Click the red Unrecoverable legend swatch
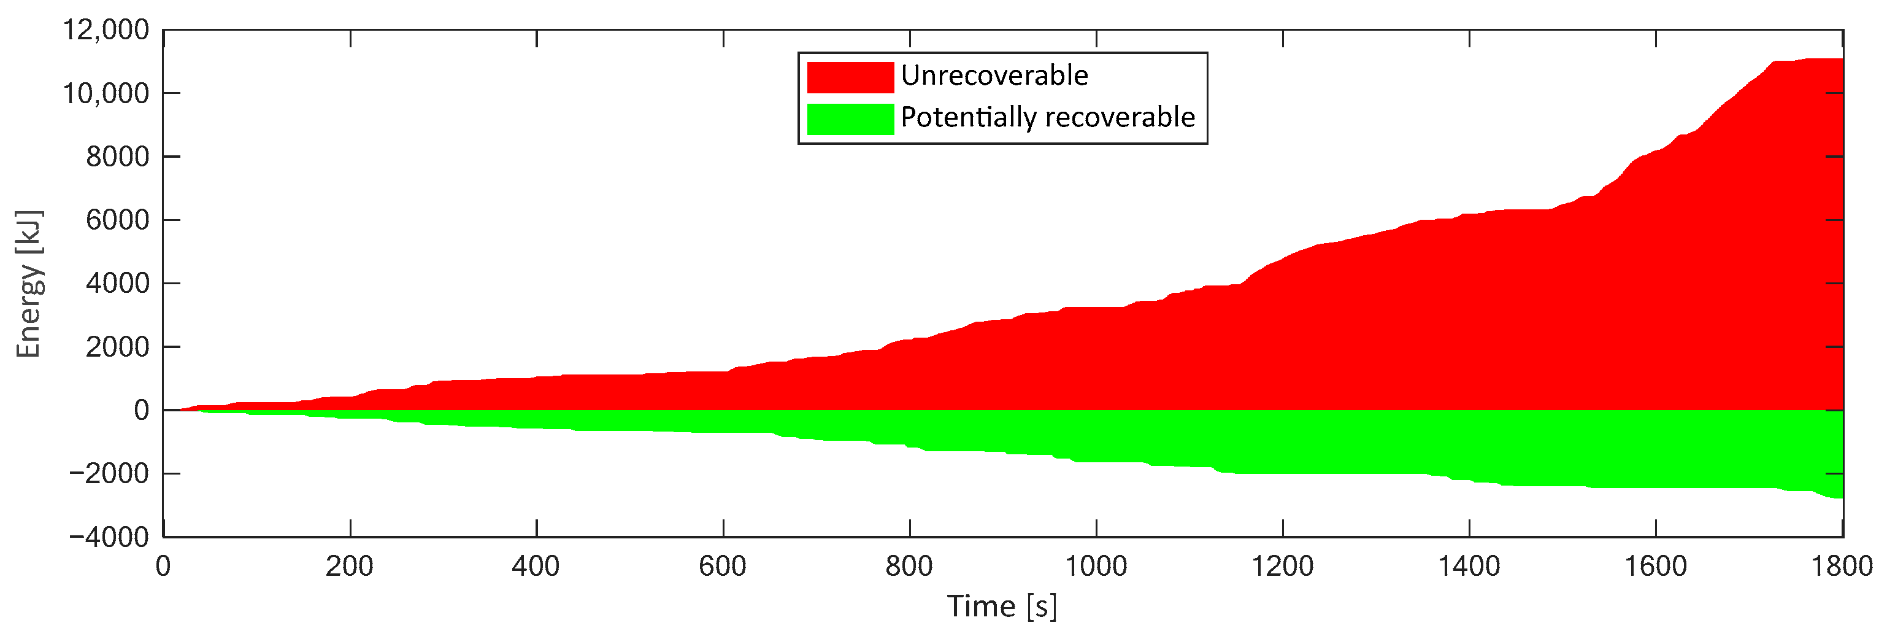pyautogui.click(x=850, y=77)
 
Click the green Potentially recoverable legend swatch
pyautogui.click(x=850, y=118)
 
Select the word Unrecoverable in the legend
pyautogui.click(x=994, y=76)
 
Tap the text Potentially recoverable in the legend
pyautogui.click(x=1048, y=117)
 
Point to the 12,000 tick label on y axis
pyautogui.click(x=106, y=30)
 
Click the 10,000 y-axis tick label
pyautogui.click(x=106, y=94)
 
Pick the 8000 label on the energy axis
pyautogui.click(x=117, y=157)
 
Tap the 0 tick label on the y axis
pyautogui.click(x=141, y=410)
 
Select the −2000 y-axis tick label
pyautogui.click(x=109, y=474)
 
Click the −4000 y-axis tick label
pyautogui.click(x=109, y=537)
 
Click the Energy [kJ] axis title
pyautogui.click(x=29, y=284)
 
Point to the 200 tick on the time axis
pyautogui.click(x=350, y=567)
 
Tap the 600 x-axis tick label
pyautogui.click(x=722, y=567)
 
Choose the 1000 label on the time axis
pyautogui.click(x=1095, y=567)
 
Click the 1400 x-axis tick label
pyautogui.click(x=1469, y=567)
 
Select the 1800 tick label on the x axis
pyautogui.click(x=1841, y=567)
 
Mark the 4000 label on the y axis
pyautogui.click(x=117, y=284)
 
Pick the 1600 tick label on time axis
pyautogui.click(x=1656, y=567)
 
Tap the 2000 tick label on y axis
pyautogui.click(x=117, y=347)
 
